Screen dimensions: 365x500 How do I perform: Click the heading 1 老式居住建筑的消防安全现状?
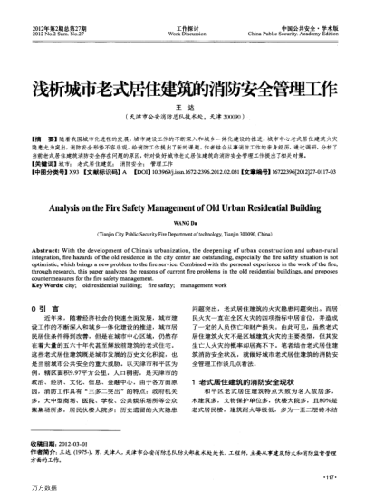point(250,359)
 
